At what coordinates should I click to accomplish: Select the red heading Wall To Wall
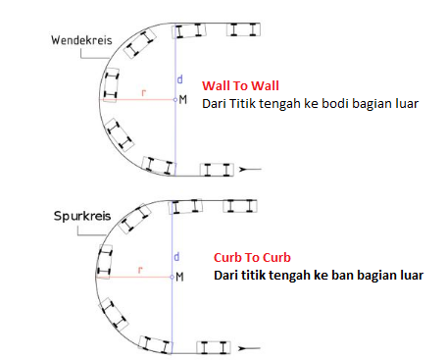232,85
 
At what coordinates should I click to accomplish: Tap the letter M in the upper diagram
183,100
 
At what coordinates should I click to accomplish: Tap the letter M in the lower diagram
183,278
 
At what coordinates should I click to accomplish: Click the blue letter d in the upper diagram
178,77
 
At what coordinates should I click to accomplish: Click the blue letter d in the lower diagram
177,256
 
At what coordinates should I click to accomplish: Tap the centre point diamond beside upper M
174,100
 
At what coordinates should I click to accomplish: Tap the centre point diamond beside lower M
174,277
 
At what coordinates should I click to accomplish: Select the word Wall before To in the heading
214,85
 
